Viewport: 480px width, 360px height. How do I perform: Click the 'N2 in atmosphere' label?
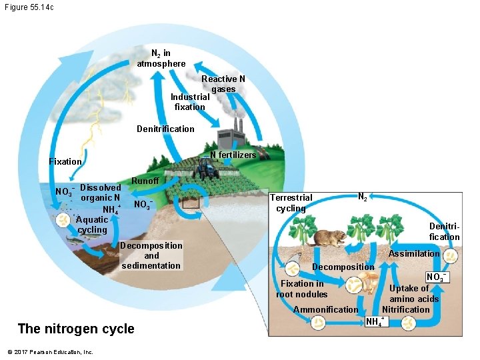[161, 58]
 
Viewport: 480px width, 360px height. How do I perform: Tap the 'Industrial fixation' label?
[190, 101]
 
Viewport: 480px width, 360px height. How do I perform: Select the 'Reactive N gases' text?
[223, 84]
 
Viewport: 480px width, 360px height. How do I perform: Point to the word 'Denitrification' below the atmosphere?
[165, 129]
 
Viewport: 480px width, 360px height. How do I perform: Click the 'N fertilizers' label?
[233, 155]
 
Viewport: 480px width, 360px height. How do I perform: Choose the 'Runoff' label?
[145, 181]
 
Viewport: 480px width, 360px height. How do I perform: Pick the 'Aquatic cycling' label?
[92, 225]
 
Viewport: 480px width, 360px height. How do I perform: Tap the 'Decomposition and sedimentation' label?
[151, 255]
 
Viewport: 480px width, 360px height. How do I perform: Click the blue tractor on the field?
[208, 171]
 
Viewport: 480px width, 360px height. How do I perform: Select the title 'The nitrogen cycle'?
[76, 329]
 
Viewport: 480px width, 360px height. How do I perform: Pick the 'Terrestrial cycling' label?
[291, 203]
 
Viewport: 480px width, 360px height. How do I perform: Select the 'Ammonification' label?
[326, 309]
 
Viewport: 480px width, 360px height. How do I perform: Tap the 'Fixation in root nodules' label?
[302, 289]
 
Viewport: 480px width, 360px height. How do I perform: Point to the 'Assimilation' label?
[414, 253]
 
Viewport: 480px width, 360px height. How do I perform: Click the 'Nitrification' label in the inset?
[406, 309]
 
